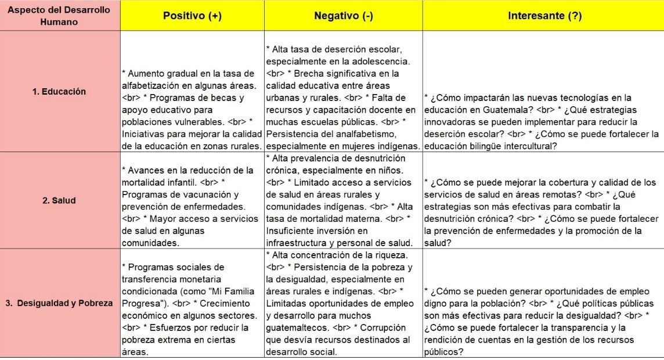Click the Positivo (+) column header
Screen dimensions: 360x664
[x=192, y=16]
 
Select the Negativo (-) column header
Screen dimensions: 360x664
[x=343, y=16]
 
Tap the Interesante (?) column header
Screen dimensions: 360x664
[x=544, y=16]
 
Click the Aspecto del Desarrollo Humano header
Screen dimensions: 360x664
[x=59, y=16]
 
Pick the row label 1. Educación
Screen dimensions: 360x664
[x=59, y=91]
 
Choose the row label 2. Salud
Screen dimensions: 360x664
[x=59, y=200]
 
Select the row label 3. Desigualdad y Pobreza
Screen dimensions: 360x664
[x=59, y=304]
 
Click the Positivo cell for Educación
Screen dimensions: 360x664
[x=192, y=109]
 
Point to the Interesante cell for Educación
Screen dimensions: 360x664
[x=544, y=122]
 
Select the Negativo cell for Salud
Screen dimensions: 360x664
[x=343, y=200]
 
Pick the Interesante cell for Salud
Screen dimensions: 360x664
[x=544, y=213]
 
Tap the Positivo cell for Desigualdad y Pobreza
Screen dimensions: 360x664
[x=192, y=309]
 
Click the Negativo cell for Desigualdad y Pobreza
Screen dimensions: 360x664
[x=343, y=303]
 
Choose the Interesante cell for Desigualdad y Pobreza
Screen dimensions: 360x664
[x=544, y=321]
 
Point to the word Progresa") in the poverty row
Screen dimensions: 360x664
[x=142, y=304]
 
